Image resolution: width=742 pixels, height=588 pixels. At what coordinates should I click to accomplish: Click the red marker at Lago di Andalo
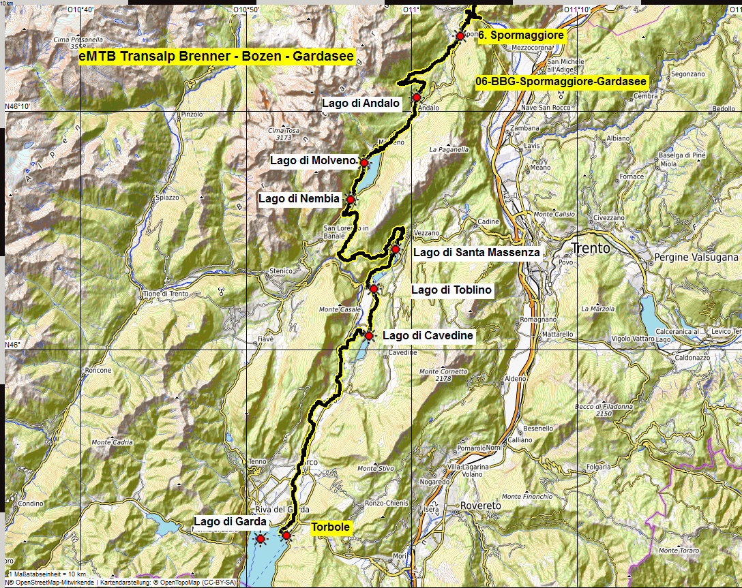click(416, 97)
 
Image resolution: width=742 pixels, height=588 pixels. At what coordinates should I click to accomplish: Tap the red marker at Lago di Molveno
click(364, 163)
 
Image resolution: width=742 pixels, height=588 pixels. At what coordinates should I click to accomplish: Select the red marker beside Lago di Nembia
click(351, 199)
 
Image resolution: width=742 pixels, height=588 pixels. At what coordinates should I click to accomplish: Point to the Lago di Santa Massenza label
click(477, 252)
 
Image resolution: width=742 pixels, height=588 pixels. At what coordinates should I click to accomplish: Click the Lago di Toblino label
click(451, 290)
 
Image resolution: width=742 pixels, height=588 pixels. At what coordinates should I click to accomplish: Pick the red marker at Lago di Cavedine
click(369, 335)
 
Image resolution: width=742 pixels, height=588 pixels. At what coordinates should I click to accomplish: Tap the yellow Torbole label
click(331, 527)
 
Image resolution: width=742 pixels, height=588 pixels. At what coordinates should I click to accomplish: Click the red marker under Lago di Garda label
click(260, 539)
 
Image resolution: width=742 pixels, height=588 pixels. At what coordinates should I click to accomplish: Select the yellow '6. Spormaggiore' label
click(522, 35)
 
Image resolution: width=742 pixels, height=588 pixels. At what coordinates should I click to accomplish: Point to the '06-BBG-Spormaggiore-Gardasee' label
click(561, 82)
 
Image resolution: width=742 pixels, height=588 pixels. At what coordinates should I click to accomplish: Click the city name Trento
click(591, 248)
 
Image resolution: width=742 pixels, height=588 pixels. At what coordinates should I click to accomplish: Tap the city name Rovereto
click(481, 506)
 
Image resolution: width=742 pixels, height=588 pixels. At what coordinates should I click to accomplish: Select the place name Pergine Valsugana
click(696, 258)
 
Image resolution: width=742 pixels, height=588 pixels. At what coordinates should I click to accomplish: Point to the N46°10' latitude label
click(18, 106)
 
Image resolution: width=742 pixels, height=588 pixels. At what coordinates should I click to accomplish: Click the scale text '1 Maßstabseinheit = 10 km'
click(47, 574)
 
